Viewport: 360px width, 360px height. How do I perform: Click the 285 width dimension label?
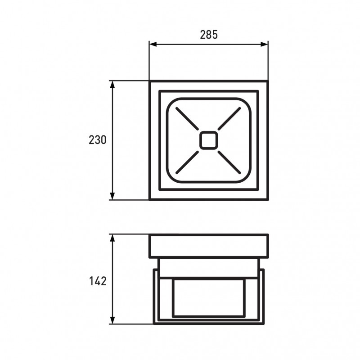click(209, 35)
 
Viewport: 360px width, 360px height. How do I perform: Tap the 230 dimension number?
click(98, 140)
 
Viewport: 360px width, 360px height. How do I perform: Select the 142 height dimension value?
click(98, 281)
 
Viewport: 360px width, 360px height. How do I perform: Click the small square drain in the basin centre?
click(208, 140)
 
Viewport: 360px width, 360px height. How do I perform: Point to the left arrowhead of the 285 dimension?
click(153, 44)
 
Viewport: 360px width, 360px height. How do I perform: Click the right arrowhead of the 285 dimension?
click(264, 44)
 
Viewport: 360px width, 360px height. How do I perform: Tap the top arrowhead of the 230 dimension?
click(112, 85)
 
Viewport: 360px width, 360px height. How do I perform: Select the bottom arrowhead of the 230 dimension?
click(112, 196)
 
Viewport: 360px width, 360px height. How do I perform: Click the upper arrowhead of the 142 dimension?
click(112, 238)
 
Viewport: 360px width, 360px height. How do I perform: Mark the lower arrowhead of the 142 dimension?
click(112, 320)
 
